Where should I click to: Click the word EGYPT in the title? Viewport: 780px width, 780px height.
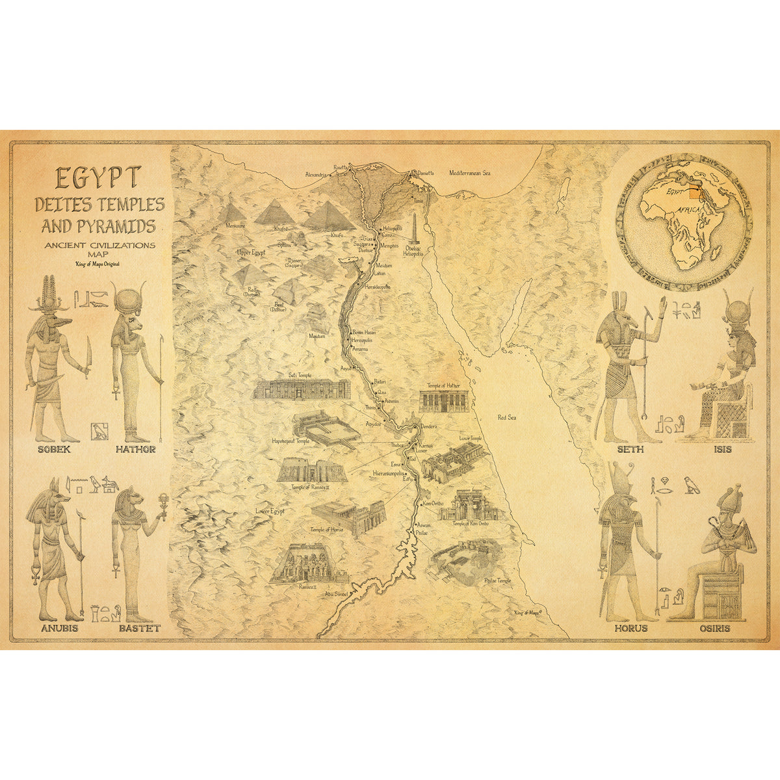click(x=98, y=177)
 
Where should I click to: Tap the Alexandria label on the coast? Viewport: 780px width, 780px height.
click(x=318, y=174)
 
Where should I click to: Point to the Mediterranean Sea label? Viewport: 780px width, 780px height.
click(x=470, y=174)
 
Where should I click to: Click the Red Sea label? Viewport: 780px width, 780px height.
click(x=506, y=417)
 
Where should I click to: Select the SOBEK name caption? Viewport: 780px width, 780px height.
click(x=55, y=449)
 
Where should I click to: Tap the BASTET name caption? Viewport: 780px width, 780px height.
click(x=139, y=629)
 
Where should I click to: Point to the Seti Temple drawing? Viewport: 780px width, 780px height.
click(x=302, y=389)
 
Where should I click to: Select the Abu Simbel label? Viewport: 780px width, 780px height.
click(x=337, y=593)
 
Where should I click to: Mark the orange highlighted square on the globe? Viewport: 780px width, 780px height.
click(x=696, y=190)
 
